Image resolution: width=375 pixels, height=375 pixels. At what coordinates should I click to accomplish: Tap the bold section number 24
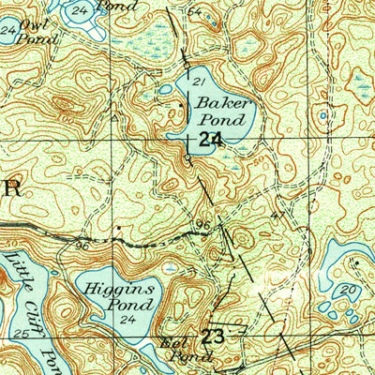click(x=211, y=140)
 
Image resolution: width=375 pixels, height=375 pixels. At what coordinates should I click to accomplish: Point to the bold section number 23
click(x=215, y=336)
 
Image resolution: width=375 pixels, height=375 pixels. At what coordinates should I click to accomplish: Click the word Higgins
click(x=113, y=291)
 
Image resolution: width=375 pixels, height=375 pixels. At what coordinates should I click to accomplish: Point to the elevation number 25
click(x=22, y=333)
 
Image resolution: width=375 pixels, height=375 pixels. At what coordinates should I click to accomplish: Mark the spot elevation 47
click(x=277, y=216)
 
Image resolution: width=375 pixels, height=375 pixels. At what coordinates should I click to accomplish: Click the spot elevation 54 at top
click(x=194, y=11)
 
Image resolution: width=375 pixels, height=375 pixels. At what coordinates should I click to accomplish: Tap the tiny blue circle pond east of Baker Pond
click(x=323, y=117)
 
